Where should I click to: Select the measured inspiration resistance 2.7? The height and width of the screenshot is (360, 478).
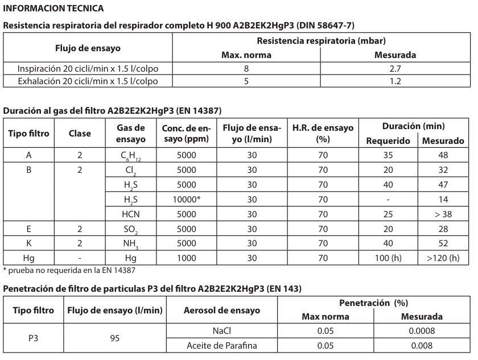(x=395, y=69)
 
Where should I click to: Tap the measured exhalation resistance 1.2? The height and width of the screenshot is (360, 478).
(x=395, y=81)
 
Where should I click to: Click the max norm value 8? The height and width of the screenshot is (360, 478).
(x=246, y=69)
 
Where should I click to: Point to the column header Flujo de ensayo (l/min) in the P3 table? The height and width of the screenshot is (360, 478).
(x=116, y=311)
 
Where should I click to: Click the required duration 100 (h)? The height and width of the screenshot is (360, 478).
(x=388, y=258)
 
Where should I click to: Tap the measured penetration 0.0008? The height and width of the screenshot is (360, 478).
(x=423, y=330)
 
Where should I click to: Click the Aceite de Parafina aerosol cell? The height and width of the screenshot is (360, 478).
(x=221, y=345)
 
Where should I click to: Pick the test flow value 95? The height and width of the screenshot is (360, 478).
(x=116, y=337)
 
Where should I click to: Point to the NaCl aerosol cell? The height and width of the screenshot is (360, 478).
(x=221, y=330)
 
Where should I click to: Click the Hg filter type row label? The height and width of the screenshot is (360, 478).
(x=29, y=258)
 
